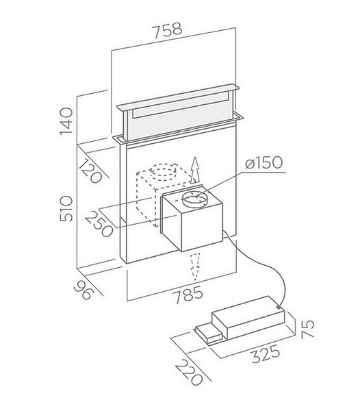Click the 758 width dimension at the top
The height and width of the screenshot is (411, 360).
pos(167,30)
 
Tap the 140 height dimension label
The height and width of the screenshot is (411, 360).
pos(66,121)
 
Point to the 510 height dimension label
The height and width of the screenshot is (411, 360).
pos(66,209)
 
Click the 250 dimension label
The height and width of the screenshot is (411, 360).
pos(99,225)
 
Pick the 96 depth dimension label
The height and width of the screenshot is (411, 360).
pos(83,290)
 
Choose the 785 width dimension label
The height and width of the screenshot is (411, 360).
pos(188,295)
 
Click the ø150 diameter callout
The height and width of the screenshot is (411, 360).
pos(264,163)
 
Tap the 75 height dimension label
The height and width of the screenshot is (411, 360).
pos(307,329)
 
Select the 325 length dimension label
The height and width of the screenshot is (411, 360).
pos(266,354)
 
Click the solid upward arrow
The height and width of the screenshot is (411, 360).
pos(194,170)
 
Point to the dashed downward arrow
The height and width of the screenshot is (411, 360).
pos(195,266)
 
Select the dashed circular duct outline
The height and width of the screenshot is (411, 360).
pos(164,172)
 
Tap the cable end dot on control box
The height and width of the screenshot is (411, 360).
pos(278,307)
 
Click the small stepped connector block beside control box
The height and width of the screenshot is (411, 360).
pos(209,334)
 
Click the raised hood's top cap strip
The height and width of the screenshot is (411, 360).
pos(178,97)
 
